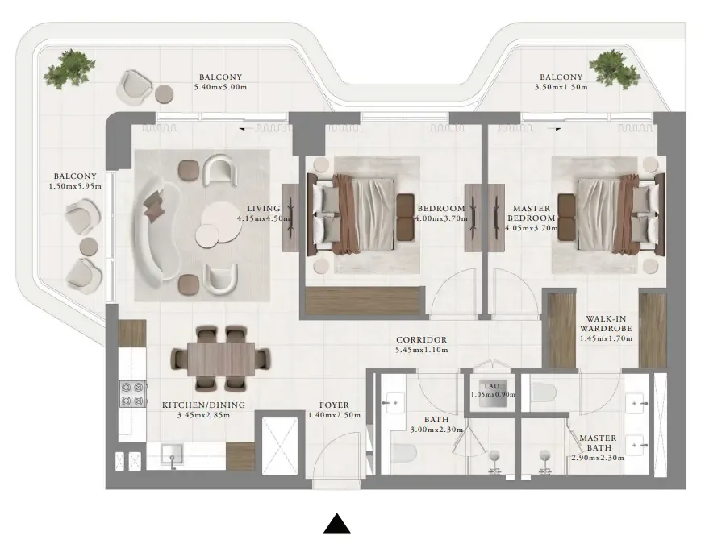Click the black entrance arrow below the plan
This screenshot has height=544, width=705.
click(336, 524)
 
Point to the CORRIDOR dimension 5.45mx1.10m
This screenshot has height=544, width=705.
click(421, 351)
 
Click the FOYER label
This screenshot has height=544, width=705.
click(333, 405)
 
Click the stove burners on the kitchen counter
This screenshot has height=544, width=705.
click(131, 393)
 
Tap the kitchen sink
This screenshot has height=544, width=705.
click(171, 455)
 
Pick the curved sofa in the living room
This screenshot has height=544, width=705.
click(156, 226)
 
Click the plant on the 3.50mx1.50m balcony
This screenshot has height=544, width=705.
click(614, 69)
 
